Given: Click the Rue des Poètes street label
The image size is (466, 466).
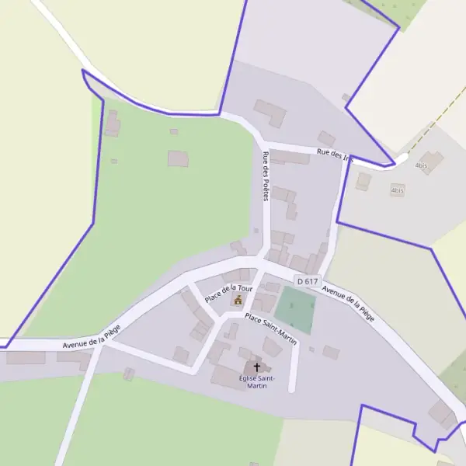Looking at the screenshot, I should coord(266,176).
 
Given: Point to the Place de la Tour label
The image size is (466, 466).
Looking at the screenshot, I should coord(229,293).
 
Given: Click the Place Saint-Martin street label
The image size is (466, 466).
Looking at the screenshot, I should coord(270,328).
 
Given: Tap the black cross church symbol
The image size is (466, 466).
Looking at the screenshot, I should coord(257,367).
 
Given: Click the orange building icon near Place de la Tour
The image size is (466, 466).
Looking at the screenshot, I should coord(238,300).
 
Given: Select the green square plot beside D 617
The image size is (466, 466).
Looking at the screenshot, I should coord(295,309).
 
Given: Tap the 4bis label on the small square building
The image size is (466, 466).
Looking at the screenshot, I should coord(398,190).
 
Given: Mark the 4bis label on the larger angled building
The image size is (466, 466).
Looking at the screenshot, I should coord(422,165).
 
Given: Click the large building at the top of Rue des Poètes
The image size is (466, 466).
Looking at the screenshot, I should coord(270,113).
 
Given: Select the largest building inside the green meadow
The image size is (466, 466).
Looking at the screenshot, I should coord(179,158).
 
